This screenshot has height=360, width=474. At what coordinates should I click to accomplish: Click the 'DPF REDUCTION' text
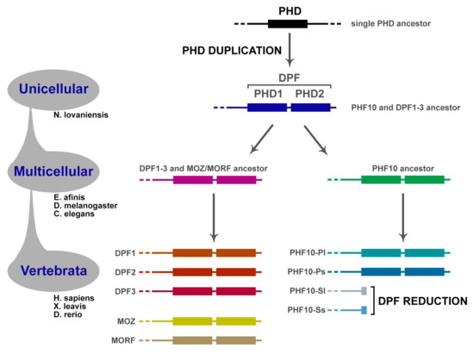point(420,301)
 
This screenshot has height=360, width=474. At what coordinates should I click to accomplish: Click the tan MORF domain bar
point(215,341)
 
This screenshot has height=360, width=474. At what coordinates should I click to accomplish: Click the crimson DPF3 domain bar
point(215,292)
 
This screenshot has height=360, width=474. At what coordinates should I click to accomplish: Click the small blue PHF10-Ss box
point(363,310)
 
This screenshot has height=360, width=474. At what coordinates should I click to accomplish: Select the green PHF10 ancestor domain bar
point(402,180)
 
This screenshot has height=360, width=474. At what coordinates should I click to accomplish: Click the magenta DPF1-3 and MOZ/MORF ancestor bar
point(215,180)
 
